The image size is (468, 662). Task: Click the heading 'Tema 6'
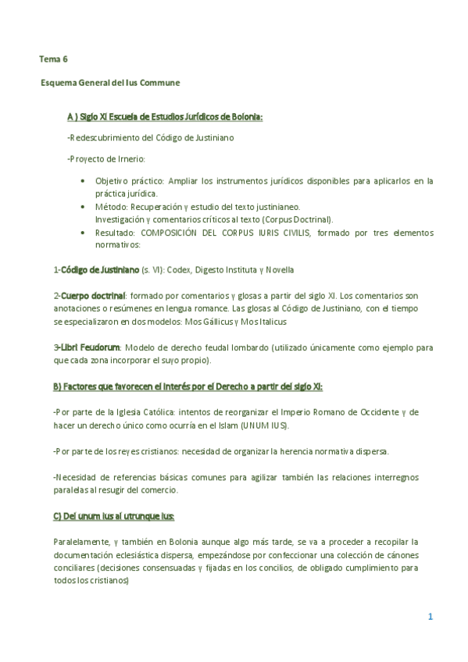point(54,59)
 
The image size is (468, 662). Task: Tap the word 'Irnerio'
point(127,158)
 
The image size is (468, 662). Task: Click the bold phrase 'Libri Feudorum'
point(90,347)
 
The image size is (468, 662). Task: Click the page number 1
point(430,617)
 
